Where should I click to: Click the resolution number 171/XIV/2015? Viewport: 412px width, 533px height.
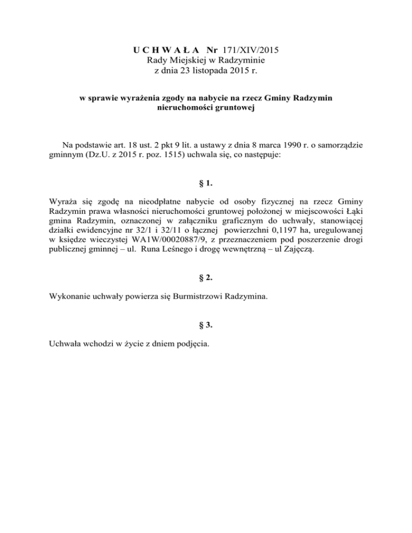249,51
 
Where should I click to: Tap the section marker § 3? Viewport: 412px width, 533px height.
206,324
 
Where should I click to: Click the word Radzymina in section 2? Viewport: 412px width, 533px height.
247,296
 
